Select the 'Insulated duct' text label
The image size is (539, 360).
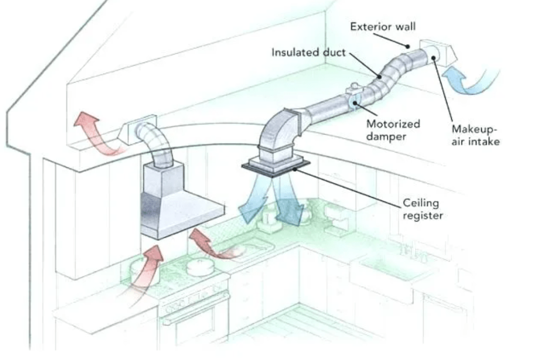coord(308,52)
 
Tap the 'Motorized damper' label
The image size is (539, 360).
coord(393,129)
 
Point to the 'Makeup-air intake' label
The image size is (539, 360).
coord(475,135)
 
